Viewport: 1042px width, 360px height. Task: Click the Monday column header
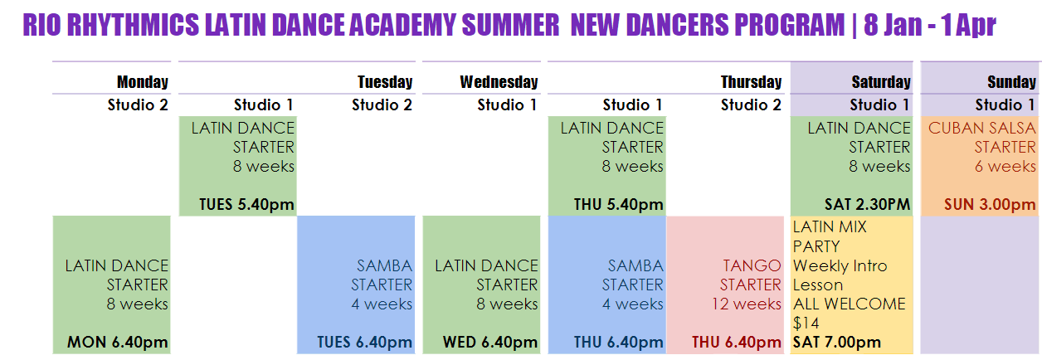143,82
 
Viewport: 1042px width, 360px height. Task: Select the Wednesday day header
499,82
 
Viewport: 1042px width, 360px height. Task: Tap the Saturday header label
881,82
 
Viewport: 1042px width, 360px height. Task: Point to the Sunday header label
1012,82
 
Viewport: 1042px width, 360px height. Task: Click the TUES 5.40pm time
246,204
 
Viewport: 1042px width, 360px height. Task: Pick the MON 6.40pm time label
117,343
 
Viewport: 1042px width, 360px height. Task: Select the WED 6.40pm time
489,343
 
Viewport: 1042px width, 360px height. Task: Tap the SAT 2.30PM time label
867,204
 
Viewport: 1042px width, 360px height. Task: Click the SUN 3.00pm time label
990,204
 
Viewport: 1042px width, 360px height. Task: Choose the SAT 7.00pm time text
836,343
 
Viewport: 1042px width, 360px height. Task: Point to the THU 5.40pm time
618,204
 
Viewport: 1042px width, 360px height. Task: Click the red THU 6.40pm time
737,343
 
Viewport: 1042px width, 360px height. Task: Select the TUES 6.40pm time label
365,343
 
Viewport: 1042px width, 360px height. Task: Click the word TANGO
752,265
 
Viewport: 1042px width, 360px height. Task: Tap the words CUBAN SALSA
982,128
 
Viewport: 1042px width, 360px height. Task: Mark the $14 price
806,323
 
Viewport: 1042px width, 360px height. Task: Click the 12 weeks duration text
746,304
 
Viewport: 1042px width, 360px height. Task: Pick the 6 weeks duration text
1005,166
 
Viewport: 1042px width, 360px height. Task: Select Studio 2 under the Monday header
138,105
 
